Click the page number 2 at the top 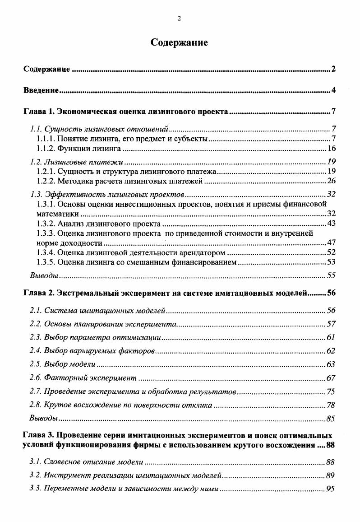coord(180,19)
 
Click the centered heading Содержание coord(179,43)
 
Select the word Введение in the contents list coord(41,91)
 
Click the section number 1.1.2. coord(46,148)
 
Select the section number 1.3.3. coord(46,233)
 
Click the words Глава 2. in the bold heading coord(37,293)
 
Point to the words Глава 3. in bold coord(37,436)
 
